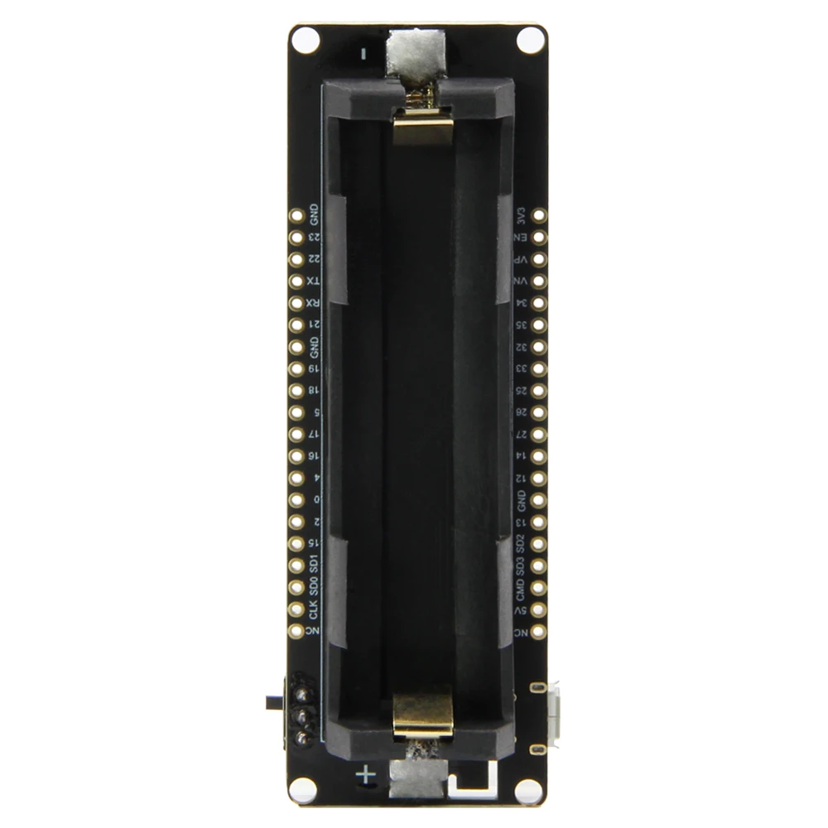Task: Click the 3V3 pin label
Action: point(521,216)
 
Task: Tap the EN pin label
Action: point(521,238)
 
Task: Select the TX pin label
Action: point(313,282)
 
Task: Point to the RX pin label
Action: point(313,303)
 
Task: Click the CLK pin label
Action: point(313,611)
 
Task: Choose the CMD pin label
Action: point(521,590)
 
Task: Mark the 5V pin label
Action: point(521,611)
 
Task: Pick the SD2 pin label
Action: point(521,544)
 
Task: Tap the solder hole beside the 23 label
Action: point(296,237)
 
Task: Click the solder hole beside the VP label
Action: point(539,259)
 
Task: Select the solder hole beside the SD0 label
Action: point(296,587)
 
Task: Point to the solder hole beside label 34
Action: point(539,303)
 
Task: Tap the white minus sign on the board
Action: point(364,54)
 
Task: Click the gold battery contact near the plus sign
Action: point(423,714)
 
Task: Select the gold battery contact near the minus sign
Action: point(423,127)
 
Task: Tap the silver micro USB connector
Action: point(552,718)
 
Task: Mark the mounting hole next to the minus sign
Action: point(306,39)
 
